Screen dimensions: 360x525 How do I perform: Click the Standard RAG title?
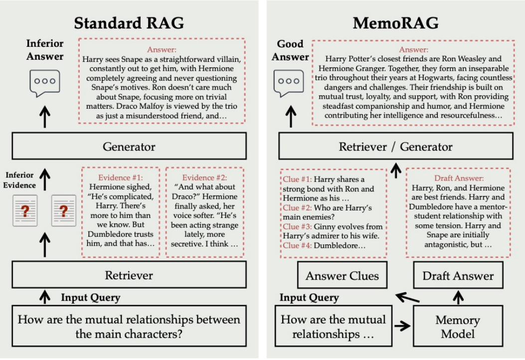pos(129,23)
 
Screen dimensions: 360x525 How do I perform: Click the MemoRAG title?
pos(395,23)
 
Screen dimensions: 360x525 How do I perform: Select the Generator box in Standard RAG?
pos(129,147)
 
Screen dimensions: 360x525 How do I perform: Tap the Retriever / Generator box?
pos(395,147)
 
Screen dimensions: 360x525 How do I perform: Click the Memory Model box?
pos(457,327)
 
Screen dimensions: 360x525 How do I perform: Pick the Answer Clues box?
pos(342,276)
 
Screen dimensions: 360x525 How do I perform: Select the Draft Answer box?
pos(458,276)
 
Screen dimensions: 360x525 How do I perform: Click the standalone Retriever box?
pos(129,275)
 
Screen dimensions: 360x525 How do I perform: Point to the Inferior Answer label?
pos(45,50)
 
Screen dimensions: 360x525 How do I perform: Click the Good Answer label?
pos(291,50)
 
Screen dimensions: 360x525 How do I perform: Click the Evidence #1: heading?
pos(121,178)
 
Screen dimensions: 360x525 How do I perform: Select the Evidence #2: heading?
pos(205,178)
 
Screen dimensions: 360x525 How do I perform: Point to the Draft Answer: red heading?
pos(457,178)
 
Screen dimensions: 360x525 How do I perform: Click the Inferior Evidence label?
pos(20,180)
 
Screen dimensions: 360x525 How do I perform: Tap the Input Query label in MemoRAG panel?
pos(309,298)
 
